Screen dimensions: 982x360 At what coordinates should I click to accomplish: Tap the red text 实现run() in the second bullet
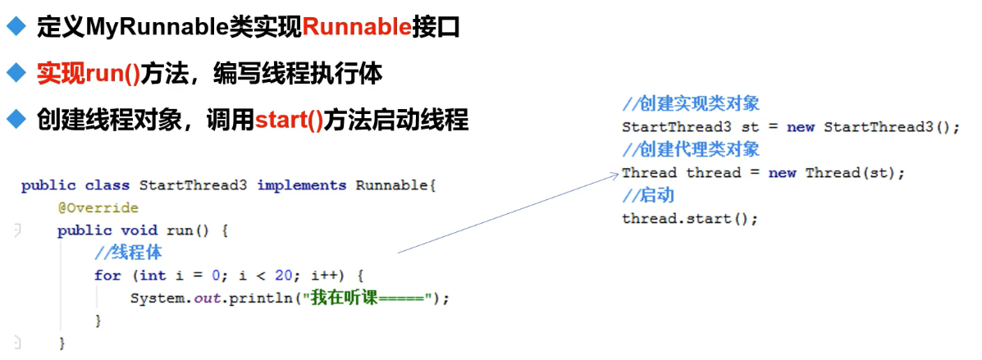pos(88,75)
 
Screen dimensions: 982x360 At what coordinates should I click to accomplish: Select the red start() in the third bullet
pos(289,119)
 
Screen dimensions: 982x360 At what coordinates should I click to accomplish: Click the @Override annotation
pos(98,207)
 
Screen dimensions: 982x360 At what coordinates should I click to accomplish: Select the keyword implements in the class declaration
pos(301,186)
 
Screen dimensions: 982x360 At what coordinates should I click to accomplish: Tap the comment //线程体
pos(128,253)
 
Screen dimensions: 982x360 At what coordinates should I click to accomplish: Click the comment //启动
pos(648,195)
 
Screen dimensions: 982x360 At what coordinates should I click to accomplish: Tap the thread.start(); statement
pos(690,219)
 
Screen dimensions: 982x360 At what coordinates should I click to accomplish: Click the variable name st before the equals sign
pos(750,127)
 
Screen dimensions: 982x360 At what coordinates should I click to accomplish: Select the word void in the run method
pos(139,231)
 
